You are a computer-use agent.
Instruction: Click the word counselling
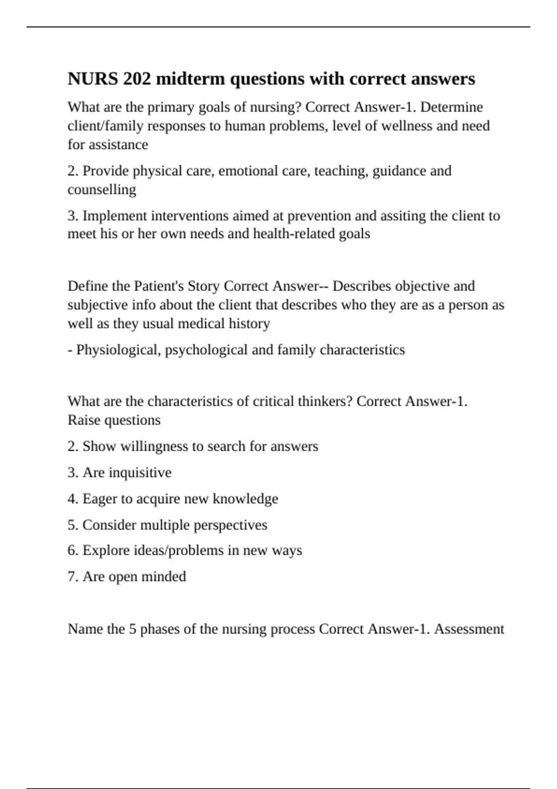[x=102, y=189]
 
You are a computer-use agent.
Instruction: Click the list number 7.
[x=72, y=576]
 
